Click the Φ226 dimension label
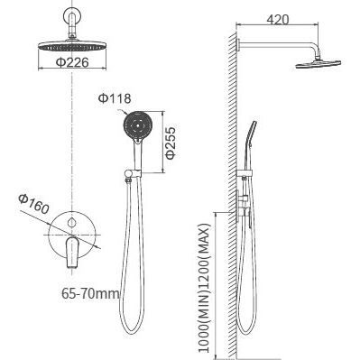click(x=72, y=62)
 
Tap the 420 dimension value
click(x=278, y=20)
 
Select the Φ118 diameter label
click(x=115, y=98)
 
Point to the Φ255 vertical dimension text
click(x=171, y=143)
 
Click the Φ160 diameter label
click(x=33, y=204)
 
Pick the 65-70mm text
click(x=90, y=293)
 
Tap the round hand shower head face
click(x=138, y=125)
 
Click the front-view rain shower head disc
click(x=72, y=46)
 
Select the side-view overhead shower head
click(x=318, y=64)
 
